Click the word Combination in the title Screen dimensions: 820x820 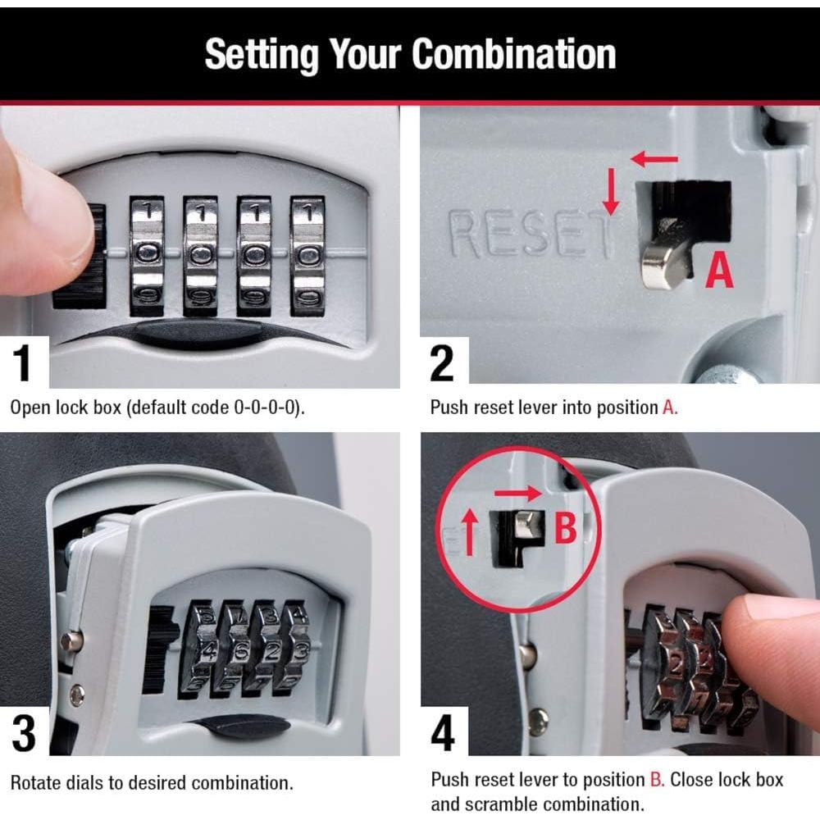click(513, 53)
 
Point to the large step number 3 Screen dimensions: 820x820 click(24, 731)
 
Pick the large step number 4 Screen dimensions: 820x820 click(443, 731)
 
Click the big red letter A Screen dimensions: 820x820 click(719, 270)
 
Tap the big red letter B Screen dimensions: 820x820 click(566, 529)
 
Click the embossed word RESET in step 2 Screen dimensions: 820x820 click(529, 235)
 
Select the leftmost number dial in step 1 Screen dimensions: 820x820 click(148, 255)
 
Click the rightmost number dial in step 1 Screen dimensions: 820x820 click(307, 255)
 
